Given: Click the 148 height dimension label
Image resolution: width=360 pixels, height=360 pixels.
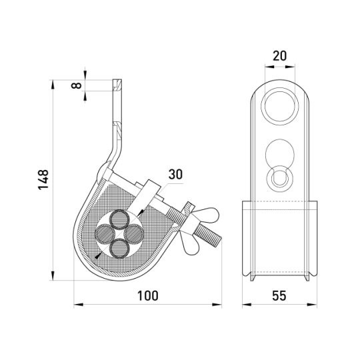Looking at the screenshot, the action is click(43, 179).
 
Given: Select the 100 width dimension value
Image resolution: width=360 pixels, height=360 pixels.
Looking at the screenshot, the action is click(147, 296).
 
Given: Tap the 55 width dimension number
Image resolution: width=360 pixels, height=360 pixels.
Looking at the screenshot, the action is click(279, 296).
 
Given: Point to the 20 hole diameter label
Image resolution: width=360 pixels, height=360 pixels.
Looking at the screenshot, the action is click(279, 56).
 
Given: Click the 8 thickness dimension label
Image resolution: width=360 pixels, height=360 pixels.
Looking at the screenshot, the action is click(77, 85).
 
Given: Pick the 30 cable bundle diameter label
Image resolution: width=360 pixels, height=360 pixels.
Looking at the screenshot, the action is click(175, 174).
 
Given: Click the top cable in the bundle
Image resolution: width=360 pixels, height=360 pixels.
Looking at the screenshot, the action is click(119, 219).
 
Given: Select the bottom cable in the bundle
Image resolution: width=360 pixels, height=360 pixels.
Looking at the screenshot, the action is click(119, 248).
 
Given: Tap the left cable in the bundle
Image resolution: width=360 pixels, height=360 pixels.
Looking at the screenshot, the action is click(105, 234).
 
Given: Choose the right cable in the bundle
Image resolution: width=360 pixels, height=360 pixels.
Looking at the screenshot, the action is click(134, 234).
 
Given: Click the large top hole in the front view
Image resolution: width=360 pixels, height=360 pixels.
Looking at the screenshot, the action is click(279, 106).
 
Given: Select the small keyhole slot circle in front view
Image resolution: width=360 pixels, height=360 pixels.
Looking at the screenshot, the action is click(279, 178).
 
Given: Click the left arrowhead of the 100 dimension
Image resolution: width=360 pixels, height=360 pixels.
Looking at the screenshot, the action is click(78, 305).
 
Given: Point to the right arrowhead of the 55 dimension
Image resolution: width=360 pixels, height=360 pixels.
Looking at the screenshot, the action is click(313, 305).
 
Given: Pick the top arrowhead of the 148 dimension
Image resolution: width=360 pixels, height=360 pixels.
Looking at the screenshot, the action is click(53, 84).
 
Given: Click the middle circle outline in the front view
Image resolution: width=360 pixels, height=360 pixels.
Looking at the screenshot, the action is click(279, 153).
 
